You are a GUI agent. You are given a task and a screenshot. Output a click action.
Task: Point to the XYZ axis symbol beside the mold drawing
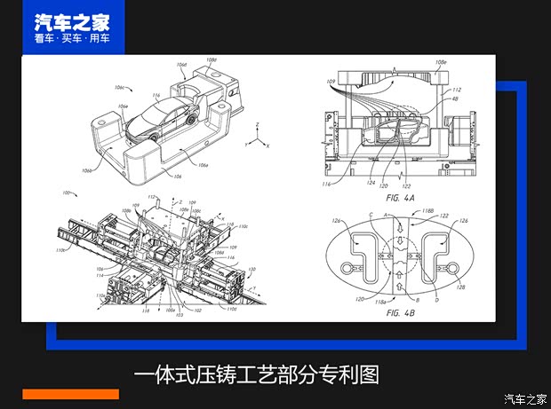pyautogui.click(x=257, y=138)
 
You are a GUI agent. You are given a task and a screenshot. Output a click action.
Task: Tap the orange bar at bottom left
pyautogui.click(x=70, y=394)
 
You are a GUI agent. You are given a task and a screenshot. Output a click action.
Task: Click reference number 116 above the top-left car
pyautogui.click(x=156, y=94)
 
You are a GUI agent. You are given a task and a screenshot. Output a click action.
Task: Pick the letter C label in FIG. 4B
pyautogui.click(x=370, y=216)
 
